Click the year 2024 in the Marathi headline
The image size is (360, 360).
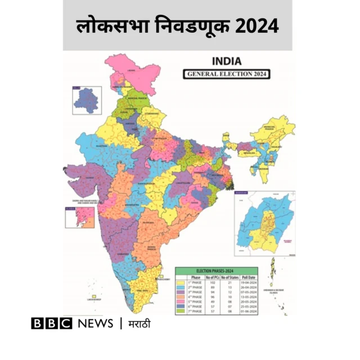coord(256,26)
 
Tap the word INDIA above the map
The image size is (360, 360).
coord(227,61)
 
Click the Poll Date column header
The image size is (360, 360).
coord(249,277)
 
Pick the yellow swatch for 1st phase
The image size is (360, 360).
coord(182,283)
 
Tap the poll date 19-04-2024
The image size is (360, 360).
coord(249,283)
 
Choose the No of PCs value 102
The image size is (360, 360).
coord(213,283)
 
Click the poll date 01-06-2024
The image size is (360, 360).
coord(249,310)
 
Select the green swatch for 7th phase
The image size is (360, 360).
coord(182,310)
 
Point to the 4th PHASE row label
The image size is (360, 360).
coord(195,297)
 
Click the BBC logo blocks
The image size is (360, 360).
coord(52,323)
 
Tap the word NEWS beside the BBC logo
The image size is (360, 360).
coord(96,323)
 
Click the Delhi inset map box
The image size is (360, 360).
coord(87,100)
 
